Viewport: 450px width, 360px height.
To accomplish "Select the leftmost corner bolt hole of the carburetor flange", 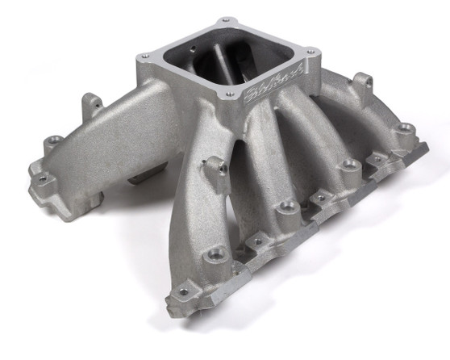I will (x=144, y=55).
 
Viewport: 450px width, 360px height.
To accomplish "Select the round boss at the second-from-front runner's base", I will (x=287, y=208).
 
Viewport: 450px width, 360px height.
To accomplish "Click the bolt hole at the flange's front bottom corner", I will (x=182, y=291).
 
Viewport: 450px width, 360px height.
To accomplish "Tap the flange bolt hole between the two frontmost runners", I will (x=258, y=239).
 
